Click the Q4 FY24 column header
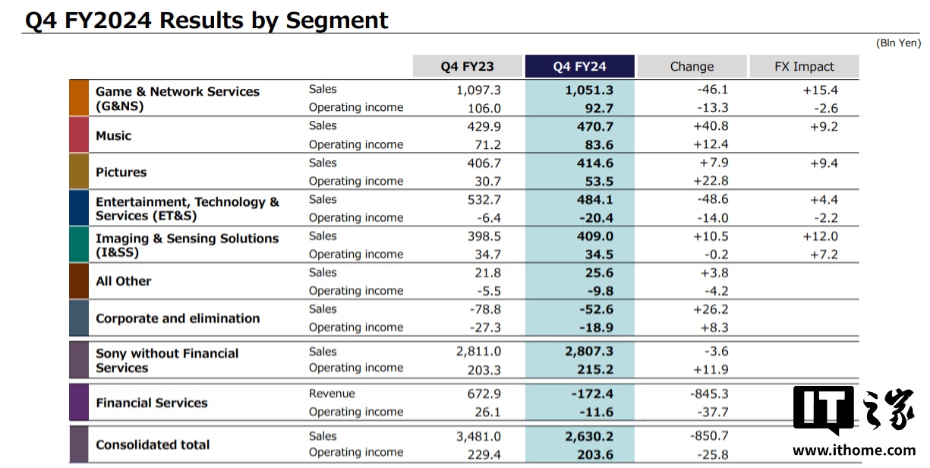[x=579, y=66]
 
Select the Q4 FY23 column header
[x=468, y=66]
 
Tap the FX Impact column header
[x=804, y=66]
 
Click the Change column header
[x=692, y=66]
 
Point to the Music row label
[x=113, y=135]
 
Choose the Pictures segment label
[x=121, y=172]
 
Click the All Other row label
[x=123, y=281]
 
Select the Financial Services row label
[x=151, y=403]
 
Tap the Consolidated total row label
[x=153, y=444]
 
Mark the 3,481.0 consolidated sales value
[x=478, y=436]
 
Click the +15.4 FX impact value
[x=821, y=90]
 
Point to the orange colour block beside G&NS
[x=79, y=97]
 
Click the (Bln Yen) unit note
[x=898, y=43]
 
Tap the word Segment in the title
[x=336, y=20]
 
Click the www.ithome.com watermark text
[x=854, y=449]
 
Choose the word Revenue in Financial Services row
[x=332, y=394]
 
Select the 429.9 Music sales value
[x=484, y=126]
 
